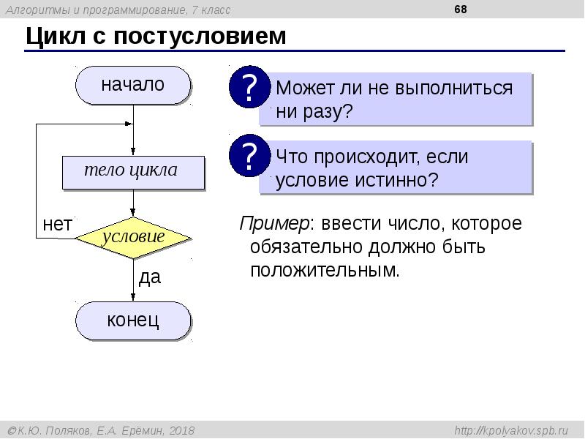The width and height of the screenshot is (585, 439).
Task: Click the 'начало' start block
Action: pyautogui.click(x=132, y=85)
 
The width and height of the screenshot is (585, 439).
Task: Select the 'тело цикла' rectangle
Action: pyautogui.click(x=132, y=172)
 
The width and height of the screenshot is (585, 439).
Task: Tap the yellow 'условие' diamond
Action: pyautogui.click(x=133, y=237)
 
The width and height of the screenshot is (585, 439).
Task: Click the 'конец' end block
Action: pyautogui.click(x=133, y=320)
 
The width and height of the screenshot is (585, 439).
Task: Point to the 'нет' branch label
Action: pyautogui.click(x=57, y=225)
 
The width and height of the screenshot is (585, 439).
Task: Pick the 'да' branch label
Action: pyautogui.click(x=149, y=278)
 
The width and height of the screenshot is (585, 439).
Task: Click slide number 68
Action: pyautogui.click(x=460, y=10)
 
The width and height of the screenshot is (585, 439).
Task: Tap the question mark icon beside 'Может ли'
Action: pyautogui.click(x=249, y=89)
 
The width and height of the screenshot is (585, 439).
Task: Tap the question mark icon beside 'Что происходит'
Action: pyautogui.click(x=249, y=157)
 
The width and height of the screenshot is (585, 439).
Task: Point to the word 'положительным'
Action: pyautogui.click(x=325, y=271)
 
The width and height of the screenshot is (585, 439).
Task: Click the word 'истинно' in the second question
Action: pyautogui.click(x=395, y=181)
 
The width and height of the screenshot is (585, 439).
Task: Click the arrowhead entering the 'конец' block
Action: pyautogui.click(x=133, y=296)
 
